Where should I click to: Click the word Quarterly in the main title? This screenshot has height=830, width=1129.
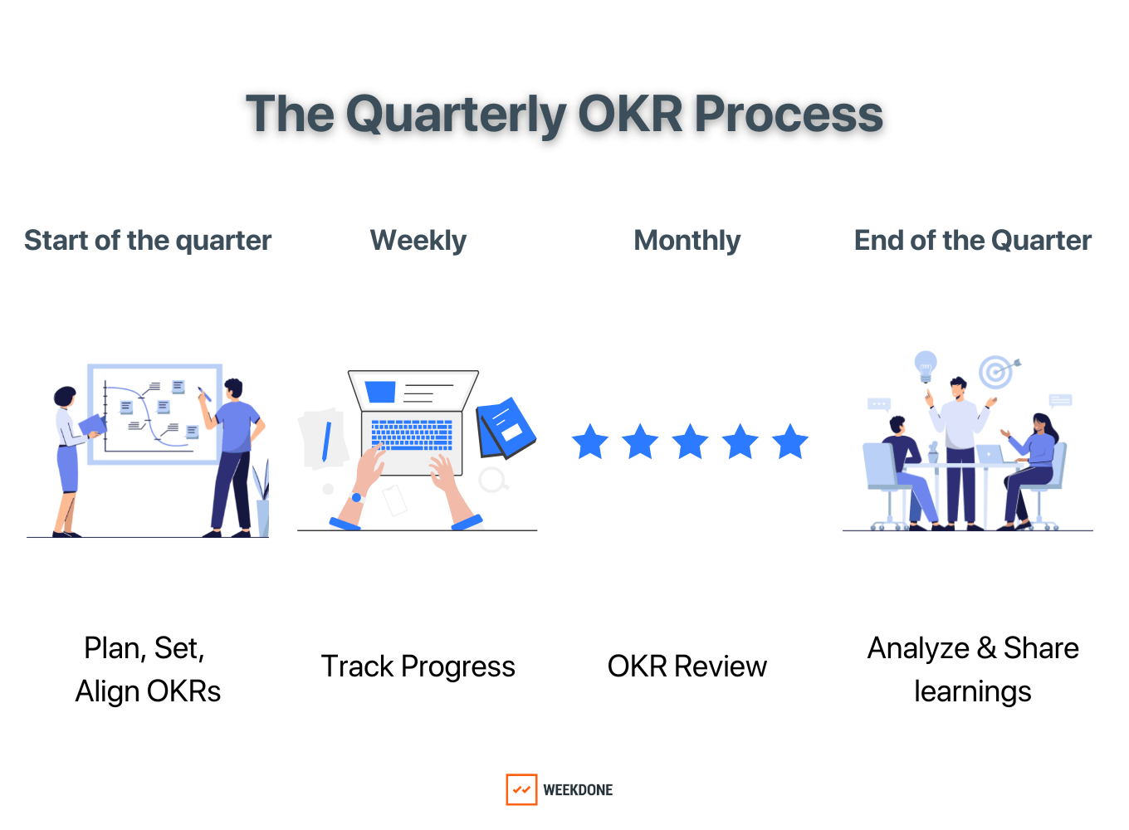456,115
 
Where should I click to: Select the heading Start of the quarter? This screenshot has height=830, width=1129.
148,241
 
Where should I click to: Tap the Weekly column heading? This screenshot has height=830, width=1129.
418,241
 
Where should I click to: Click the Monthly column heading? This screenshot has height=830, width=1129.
687,241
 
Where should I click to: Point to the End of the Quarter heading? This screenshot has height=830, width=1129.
972,241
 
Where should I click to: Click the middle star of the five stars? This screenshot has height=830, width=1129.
690,442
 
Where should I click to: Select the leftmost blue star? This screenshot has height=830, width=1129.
590,442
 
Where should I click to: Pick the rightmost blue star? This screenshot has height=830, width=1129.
790,442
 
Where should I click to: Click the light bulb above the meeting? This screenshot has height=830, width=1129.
925,364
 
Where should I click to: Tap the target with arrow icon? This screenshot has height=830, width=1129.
996,372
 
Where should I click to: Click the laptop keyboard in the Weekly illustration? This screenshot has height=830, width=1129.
412,433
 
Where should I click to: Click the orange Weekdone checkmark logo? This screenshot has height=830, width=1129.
521,789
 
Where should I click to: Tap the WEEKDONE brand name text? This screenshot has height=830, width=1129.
578,790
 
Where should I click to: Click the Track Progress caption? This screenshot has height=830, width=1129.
418,666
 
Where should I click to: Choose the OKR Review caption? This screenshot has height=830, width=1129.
687,666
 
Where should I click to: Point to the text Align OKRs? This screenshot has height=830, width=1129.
148,691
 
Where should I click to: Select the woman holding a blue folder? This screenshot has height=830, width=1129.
68,456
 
